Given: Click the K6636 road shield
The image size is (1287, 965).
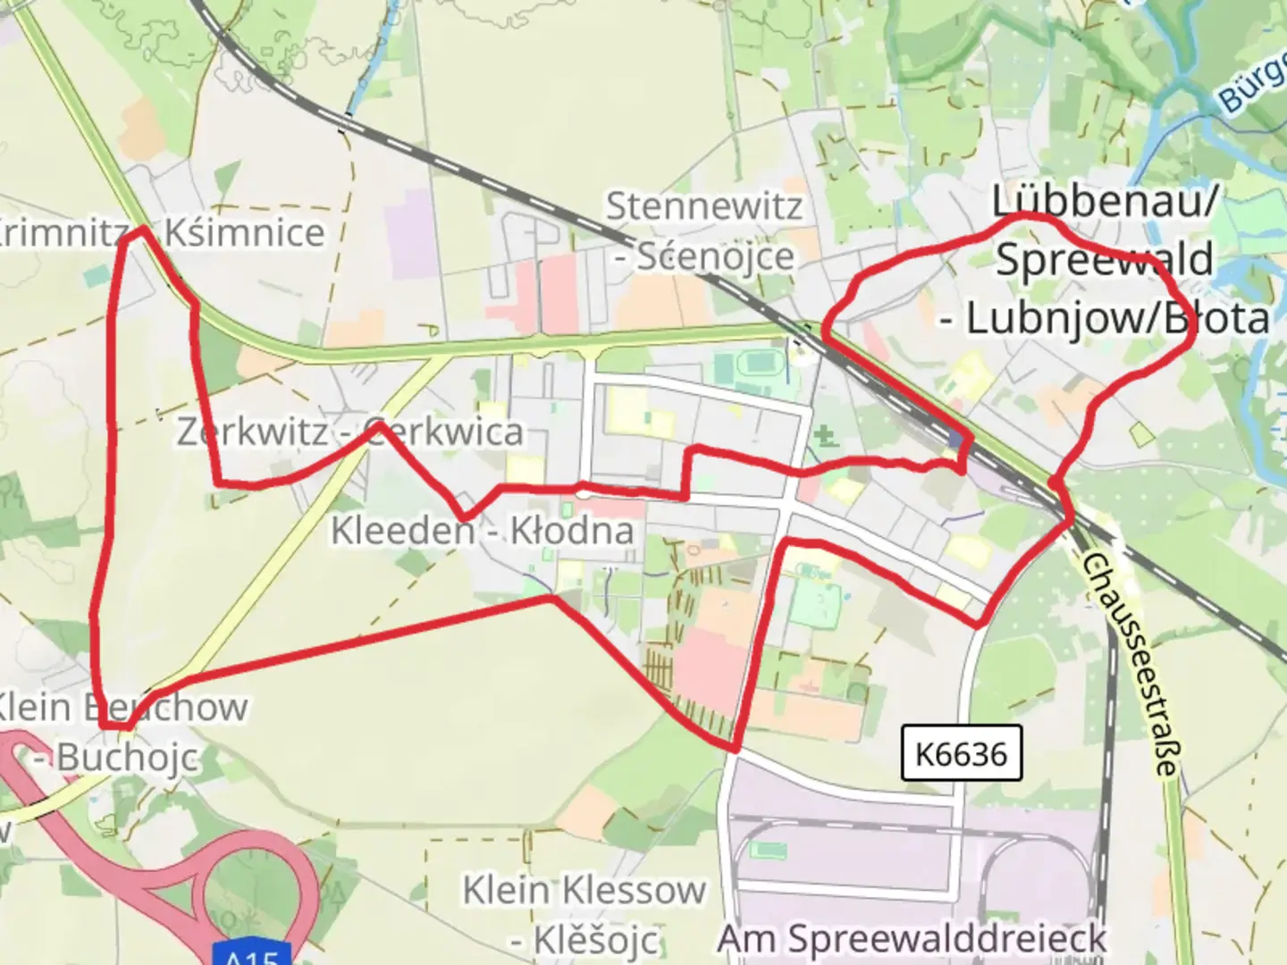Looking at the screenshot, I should [961, 753].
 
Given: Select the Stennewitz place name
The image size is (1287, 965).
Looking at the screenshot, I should [704, 206].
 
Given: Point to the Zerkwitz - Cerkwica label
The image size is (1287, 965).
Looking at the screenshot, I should [349, 432].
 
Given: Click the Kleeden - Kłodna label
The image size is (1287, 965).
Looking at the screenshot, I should [483, 531].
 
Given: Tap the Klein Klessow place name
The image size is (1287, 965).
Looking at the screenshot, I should [584, 890].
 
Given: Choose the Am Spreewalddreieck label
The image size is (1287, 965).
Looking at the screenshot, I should [912, 939].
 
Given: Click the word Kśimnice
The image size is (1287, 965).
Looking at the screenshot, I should [245, 233].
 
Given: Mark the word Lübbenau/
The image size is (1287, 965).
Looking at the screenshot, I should [1105, 202].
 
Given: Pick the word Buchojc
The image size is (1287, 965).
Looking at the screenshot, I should [128, 759].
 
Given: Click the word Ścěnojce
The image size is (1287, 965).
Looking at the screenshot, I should [716, 257].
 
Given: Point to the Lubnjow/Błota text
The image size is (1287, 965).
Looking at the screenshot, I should [1117, 318].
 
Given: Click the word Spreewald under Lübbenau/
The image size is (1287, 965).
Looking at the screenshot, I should [1105, 260].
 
